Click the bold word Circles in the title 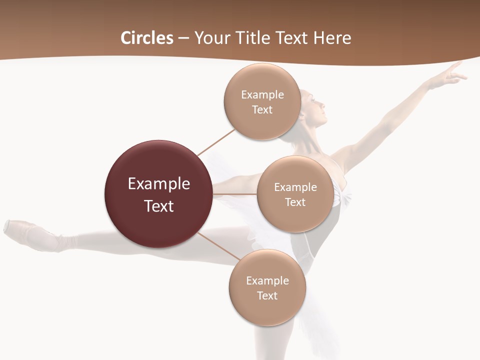[147, 38]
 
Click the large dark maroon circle [158, 194]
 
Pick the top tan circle [262, 101]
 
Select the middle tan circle [295, 194]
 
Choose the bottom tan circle [267, 287]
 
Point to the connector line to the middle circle [235, 193]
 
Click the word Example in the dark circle [158, 183]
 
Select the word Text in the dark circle [158, 205]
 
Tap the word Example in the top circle [262, 94]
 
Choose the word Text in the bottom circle [267, 295]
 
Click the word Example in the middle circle [295, 187]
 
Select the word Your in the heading [210, 38]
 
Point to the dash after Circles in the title [183, 38]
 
